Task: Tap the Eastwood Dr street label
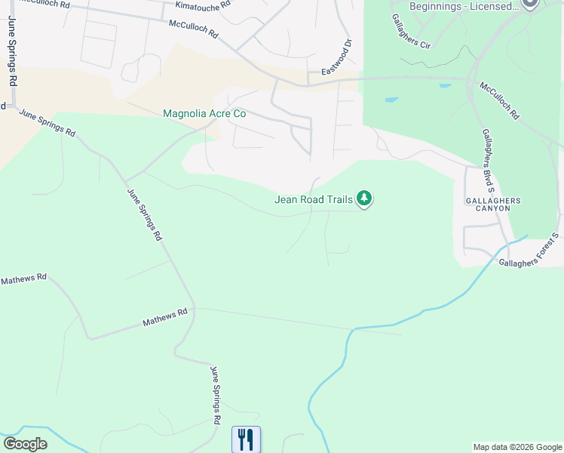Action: tap(338, 57)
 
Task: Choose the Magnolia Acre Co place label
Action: tap(204, 113)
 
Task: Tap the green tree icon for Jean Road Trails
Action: tap(365, 199)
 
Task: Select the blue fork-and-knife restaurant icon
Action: tap(246, 439)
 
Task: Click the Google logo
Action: tap(25, 444)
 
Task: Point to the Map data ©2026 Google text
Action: tap(517, 447)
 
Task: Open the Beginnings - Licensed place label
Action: tap(464, 6)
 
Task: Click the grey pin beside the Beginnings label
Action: tap(529, 4)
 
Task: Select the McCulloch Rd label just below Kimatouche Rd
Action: tap(193, 29)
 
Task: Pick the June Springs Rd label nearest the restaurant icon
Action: tap(216, 394)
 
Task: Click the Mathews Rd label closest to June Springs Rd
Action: tap(165, 318)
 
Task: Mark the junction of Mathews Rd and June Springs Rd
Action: tap(194, 308)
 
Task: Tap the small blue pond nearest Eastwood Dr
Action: tap(391, 100)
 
